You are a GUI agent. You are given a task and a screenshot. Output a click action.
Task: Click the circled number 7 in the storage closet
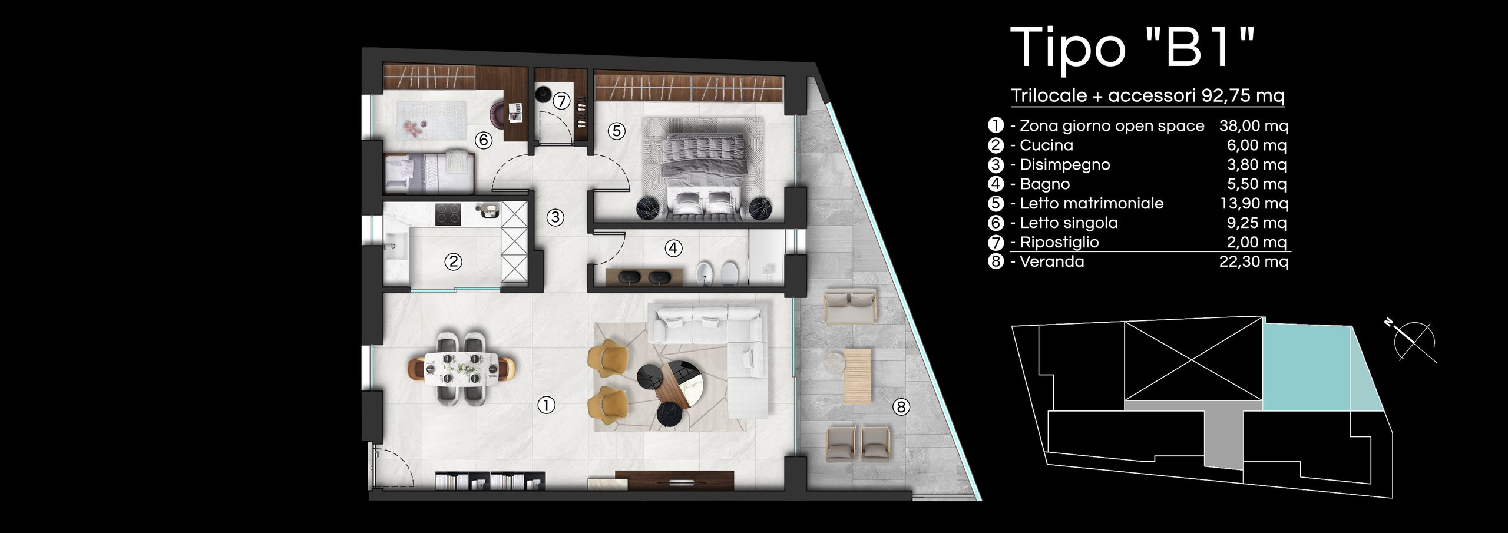click(x=562, y=101)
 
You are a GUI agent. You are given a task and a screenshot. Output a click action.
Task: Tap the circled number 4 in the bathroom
click(x=673, y=249)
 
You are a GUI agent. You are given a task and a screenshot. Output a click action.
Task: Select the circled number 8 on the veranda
click(x=901, y=406)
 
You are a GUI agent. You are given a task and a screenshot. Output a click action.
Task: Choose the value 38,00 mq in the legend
click(x=1254, y=126)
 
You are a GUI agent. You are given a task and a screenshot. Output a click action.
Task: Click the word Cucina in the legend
click(x=1046, y=145)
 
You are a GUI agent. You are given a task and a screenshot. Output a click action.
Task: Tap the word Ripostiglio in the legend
click(x=1059, y=243)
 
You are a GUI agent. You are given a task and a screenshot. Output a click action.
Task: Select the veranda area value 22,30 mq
click(x=1254, y=261)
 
